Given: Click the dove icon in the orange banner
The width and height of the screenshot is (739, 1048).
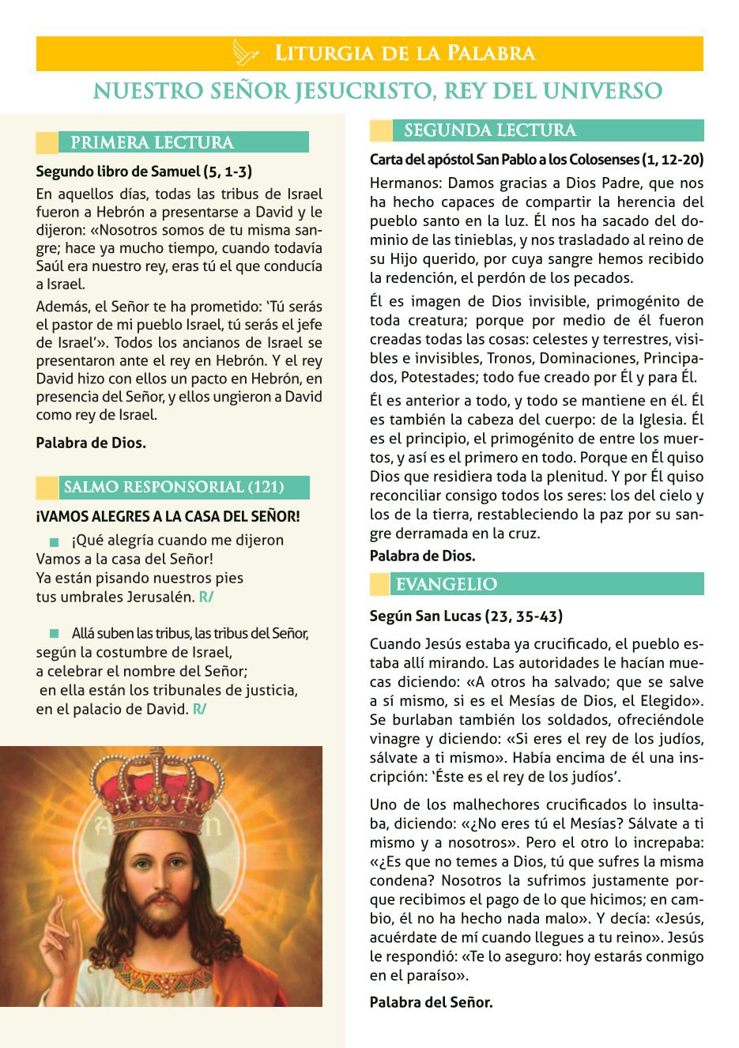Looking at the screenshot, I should click(x=247, y=54).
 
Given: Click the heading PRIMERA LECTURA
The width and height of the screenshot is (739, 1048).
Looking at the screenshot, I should click(x=152, y=143).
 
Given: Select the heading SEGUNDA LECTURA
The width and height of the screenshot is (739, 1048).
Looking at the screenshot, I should click(x=490, y=130).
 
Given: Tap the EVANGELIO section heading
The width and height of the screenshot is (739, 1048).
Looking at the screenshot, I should click(x=447, y=585).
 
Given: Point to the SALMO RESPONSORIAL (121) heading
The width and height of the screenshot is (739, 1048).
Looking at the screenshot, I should click(x=173, y=487).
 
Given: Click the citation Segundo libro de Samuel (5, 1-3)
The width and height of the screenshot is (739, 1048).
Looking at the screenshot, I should click(x=144, y=171).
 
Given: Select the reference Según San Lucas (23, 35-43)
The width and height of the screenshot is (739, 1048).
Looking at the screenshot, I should click(x=466, y=616).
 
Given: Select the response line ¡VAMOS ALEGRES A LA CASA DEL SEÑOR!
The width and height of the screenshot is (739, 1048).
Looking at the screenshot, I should click(x=168, y=517).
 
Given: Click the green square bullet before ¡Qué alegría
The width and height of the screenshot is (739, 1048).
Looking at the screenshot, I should click(x=54, y=542).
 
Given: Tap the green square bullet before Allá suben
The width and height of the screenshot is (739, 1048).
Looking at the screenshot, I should click(x=54, y=634).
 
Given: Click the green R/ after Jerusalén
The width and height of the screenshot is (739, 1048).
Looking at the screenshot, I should click(x=206, y=597).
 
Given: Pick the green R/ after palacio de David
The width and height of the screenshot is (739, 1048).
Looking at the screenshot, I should click(x=200, y=709).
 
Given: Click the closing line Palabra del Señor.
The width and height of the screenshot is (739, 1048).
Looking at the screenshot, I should click(x=431, y=1002).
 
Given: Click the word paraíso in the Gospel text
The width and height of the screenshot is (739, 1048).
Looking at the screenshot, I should click(x=428, y=975).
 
